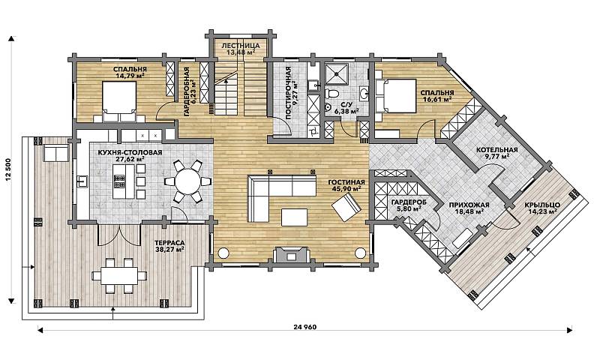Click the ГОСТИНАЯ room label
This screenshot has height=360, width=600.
click(x=346, y=182)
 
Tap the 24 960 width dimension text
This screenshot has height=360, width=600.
click(x=305, y=328)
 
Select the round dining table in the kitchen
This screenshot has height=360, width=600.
click(x=188, y=181)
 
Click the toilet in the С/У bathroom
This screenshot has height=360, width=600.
click(x=331, y=93)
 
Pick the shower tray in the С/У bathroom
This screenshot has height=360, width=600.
click(x=337, y=73)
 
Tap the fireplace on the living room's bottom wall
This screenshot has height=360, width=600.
click(x=292, y=254)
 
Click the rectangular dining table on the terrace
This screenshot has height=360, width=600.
click(x=119, y=274)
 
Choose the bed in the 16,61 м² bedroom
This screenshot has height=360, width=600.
click(x=397, y=96)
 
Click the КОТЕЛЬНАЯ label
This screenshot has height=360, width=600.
click(x=496, y=150)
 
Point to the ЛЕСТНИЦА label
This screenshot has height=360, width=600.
click(x=240, y=46)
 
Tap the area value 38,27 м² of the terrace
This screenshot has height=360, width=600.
click(x=169, y=249)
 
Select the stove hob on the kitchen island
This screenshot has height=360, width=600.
click(x=119, y=181)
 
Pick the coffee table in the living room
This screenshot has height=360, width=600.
click(x=294, y=217)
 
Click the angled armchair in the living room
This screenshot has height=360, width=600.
click(x=346, y=207)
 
